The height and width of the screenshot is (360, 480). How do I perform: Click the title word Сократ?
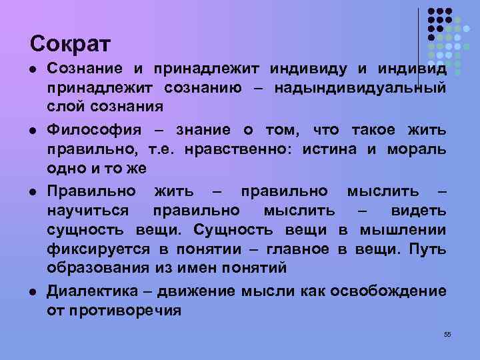coord(70,44)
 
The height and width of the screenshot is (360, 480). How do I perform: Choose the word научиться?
coord(91,211)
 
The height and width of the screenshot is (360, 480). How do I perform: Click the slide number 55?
coord(447,334)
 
